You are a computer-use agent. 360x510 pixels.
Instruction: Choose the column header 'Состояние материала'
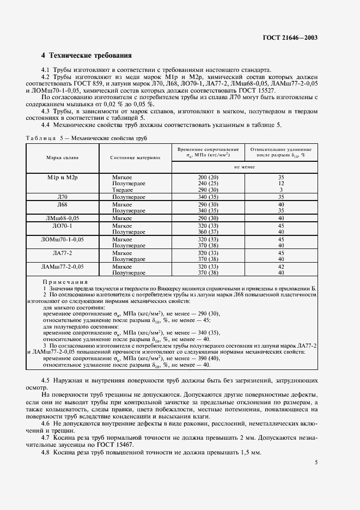tap(135, 158)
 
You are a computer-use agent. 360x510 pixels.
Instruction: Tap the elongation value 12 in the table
tap(281, 184)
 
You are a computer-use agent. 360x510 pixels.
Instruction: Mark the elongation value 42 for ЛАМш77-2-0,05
tap(281, 266)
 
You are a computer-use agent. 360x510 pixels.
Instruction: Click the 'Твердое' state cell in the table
tap(122, 190)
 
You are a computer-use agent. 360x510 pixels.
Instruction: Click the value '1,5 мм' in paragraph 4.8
tap(251, 453)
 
